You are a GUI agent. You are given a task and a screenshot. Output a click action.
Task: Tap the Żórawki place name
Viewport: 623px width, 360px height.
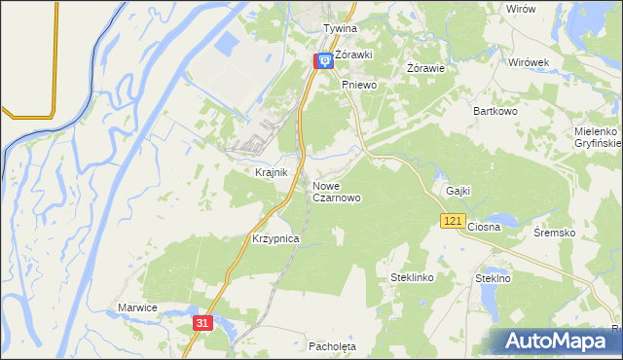pyautogui.click(x=355, y=54)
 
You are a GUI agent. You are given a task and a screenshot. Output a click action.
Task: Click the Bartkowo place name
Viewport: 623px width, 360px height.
pyautogui.click(x=496, y=111)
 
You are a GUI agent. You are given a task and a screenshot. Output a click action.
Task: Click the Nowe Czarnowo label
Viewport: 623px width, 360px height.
pyautogui.click(x=337, y=191)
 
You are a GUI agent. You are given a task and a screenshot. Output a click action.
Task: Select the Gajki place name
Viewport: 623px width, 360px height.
pyautogui.click(x=458, y=191)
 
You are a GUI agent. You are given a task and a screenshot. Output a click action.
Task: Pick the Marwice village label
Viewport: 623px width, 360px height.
pyautogui.click(x=137, y=307)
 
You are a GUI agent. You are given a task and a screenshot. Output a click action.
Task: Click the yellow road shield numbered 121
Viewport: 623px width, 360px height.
pyautogui.click(x=451, y=223)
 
